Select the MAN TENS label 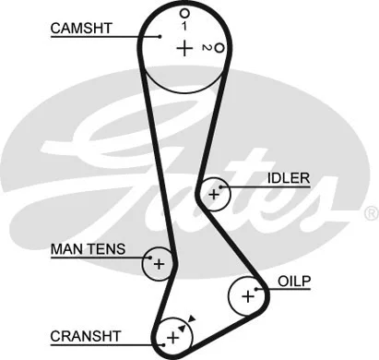(88, 249)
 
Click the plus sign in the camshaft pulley (185, 49)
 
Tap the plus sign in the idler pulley (216, 195)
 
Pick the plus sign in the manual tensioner (159, 264)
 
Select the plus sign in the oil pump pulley (246, 296)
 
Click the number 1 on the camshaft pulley (184, 27)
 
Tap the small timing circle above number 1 (184, 13)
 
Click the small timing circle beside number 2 (219, 48)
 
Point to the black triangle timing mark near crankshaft (191, 319)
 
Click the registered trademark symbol (371, 212)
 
